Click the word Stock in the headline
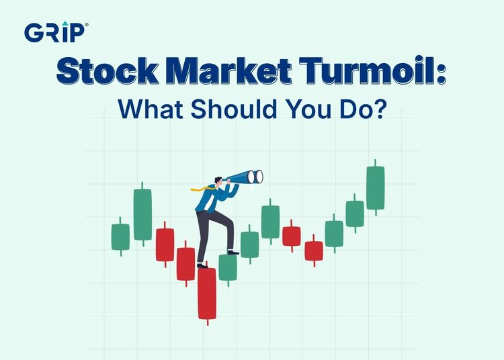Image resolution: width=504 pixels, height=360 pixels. (x=108, y=71)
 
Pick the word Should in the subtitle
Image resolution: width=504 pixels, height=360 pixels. (x=234, y=109)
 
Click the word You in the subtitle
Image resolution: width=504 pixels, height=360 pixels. (x=309, y=109)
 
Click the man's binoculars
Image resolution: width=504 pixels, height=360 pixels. (x=246, y=177)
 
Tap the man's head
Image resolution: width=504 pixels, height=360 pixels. (x=219, y=181)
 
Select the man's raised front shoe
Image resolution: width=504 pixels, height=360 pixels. (x=233, y=252)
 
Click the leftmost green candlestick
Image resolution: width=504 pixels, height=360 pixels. (x=120, y=236)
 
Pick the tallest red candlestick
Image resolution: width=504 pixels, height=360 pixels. (x=207, y=294)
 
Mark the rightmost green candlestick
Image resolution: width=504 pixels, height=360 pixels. (x=376, y=187)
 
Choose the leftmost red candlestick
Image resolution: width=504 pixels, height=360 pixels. (x=165, y=244)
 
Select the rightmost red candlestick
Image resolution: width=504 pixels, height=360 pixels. (x=314, y=251)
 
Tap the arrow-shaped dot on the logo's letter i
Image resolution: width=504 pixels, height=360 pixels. (x=65, y=24)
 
